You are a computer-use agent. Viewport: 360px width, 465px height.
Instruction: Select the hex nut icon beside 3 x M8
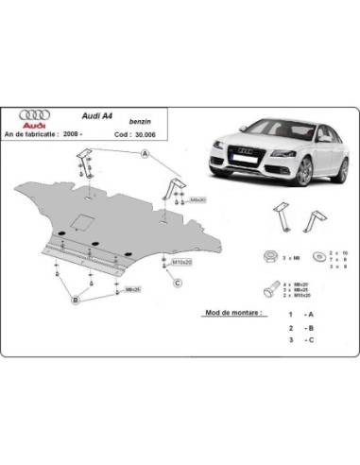point(270,256)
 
